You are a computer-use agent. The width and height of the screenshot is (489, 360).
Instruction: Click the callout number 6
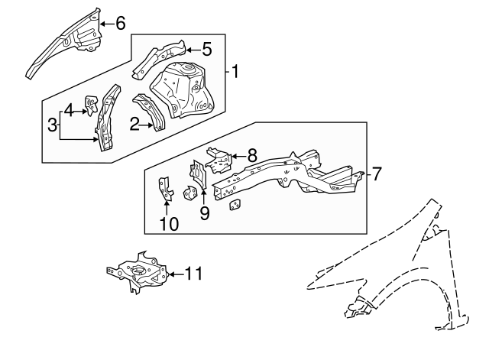coord(120,23)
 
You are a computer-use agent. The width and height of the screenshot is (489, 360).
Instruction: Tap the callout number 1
coord(236,73)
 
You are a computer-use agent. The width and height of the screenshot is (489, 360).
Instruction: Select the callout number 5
coord(206,50)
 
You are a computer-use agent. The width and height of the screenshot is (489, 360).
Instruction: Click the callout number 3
coord(52,125)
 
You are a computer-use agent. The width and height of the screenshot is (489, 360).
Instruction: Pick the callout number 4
coord(69,110)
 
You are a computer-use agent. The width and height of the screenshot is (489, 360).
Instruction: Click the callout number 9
coord(204,212)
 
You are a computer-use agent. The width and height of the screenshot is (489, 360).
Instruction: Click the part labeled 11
coord(140,275)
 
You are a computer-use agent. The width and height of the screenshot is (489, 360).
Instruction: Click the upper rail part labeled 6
coord(65,44)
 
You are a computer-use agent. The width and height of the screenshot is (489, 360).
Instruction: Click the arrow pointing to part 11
coord(173,273)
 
